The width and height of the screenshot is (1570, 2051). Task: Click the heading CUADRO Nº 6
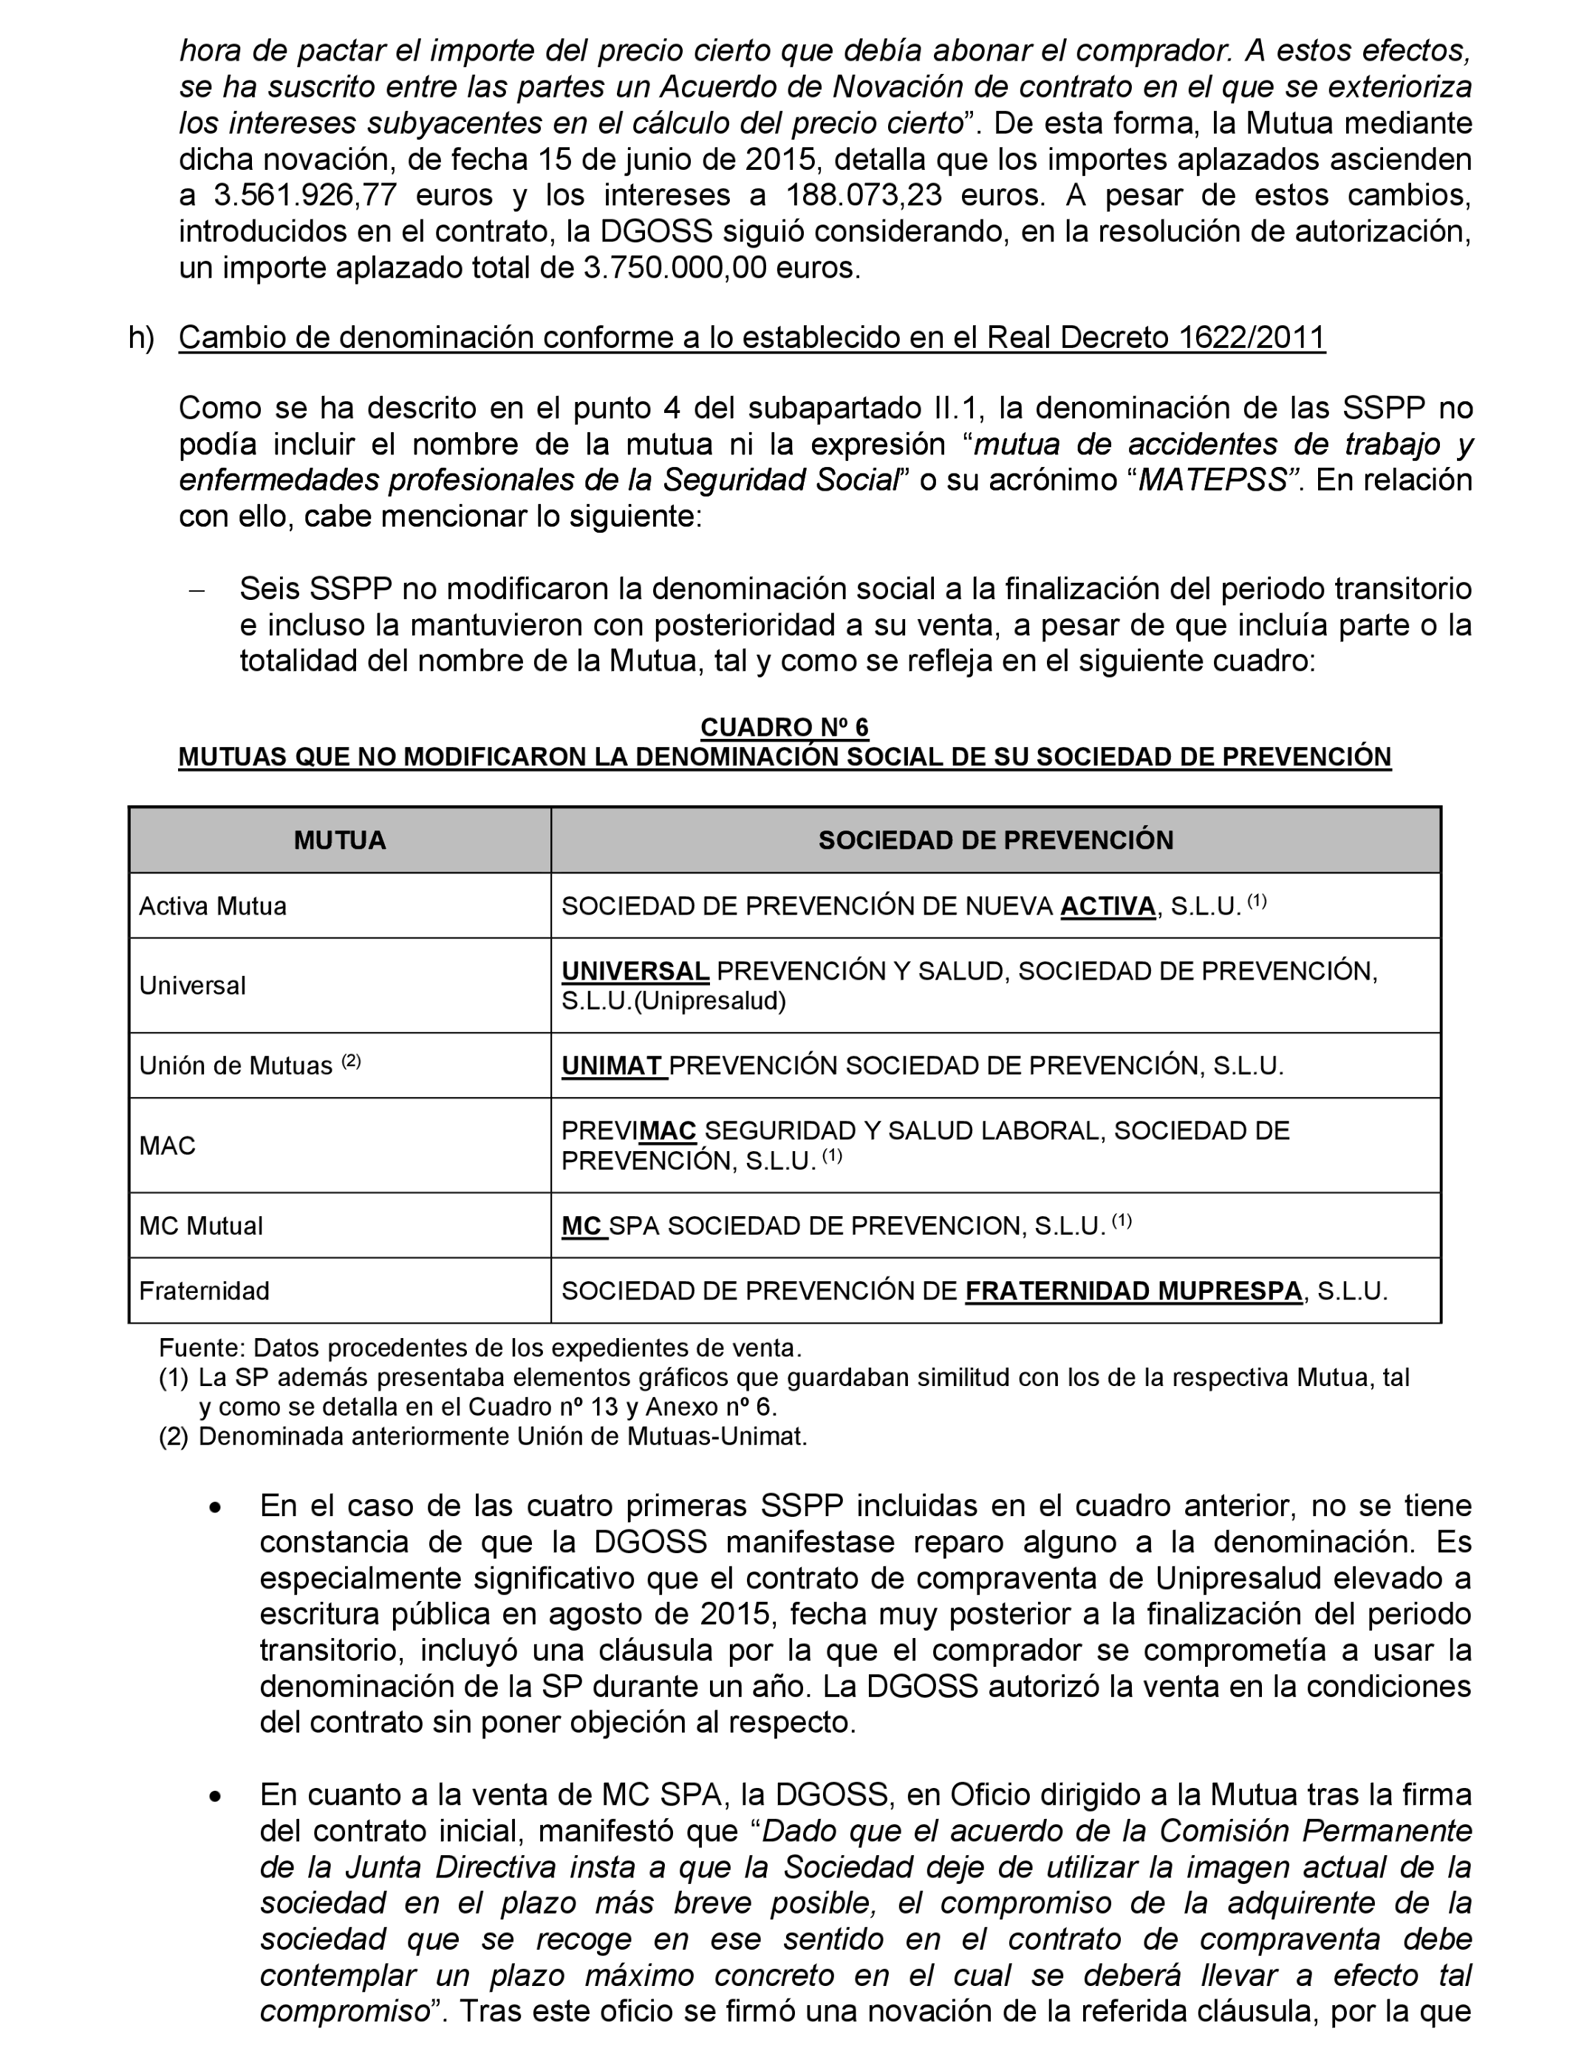point(784,727)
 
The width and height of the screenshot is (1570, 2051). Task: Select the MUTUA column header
point(339,840)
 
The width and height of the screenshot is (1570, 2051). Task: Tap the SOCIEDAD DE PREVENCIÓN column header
point(995,840)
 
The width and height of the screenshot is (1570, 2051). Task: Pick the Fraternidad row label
point(205,1291)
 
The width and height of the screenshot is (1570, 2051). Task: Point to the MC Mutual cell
point(201,1225)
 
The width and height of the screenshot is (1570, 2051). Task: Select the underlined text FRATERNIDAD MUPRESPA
point(1133,1291)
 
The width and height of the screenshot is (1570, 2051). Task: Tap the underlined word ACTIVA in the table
point(1107,907)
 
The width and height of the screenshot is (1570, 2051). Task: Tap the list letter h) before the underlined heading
point(142,338)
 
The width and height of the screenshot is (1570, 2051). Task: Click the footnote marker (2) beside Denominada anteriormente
point(173,1436)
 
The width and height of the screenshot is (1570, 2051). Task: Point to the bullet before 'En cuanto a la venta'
point(216,1796)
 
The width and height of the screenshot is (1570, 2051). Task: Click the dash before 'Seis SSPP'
point(197,590)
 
